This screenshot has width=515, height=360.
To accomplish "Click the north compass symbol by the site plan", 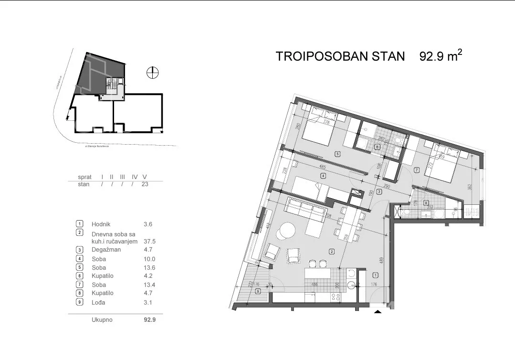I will coord(152,73).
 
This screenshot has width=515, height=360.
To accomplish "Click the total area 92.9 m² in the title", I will coord(440,56).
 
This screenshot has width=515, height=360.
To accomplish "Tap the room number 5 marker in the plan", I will coord(337,154).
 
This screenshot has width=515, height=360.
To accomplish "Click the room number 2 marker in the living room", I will coord(330,251).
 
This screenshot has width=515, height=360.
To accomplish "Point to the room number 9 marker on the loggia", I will coord(258,291).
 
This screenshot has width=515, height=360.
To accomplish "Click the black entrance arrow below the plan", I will coord(378,312).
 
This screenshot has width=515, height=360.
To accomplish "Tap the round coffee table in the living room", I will coord(286,231).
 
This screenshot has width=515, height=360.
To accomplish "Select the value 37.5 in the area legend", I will coord(150,242).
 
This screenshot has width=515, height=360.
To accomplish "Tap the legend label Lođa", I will coord(98,302).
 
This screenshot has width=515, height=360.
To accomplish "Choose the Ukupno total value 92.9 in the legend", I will coord(150,320).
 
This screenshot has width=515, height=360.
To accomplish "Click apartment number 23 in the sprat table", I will coord(145,184).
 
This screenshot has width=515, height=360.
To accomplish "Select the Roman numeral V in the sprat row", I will coord(145,177).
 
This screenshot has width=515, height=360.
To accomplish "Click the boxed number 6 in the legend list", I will coord(79,276).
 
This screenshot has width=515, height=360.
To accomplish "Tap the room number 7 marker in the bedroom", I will coord(417,169).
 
